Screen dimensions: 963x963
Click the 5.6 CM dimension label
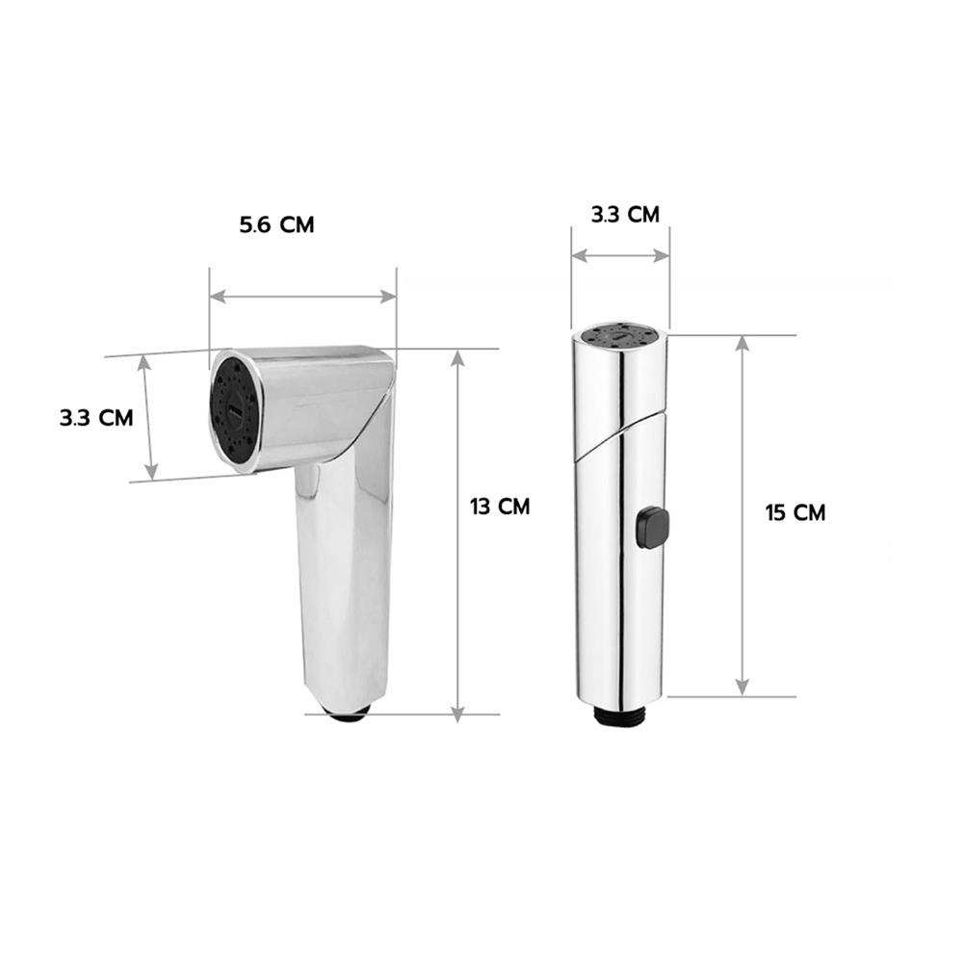(277, 224)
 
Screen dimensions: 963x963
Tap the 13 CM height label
(500, 507)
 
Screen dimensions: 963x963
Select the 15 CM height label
(795, 512)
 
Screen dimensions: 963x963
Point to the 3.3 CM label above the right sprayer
(625, 215)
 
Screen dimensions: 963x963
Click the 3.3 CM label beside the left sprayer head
(96, 418)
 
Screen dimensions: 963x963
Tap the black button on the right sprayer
(652, 527)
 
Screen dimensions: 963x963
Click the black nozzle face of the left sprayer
(234, 408)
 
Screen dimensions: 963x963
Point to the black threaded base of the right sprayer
(620, 715)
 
